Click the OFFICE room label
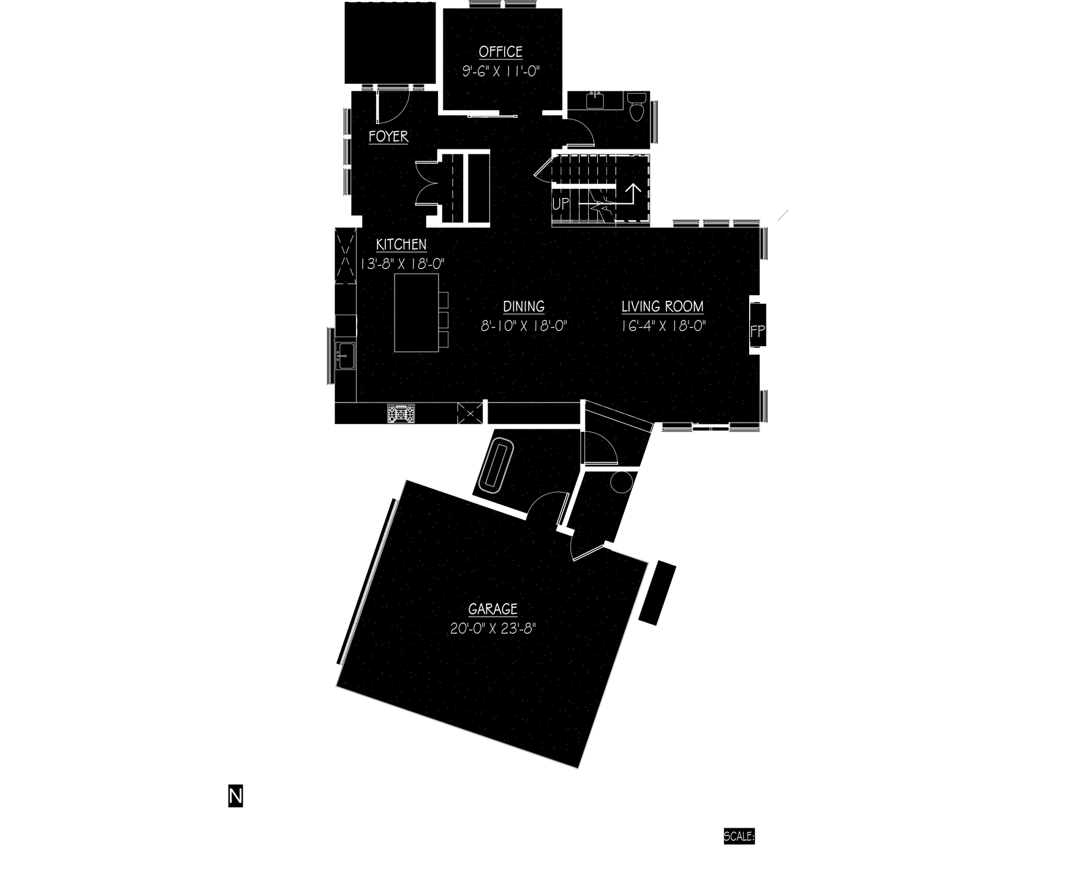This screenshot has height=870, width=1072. coord(500,52)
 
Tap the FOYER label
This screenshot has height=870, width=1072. coord(388,136)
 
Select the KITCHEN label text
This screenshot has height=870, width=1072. coord(401,244)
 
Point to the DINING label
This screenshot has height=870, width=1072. coord(524,306)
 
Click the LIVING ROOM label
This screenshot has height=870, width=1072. coord(662,306)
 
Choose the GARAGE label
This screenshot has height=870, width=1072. coord(493,609)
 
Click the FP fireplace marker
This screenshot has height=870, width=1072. coord(758,331)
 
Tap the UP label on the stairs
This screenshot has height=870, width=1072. coord(561,204)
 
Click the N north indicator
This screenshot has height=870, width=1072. coord(236,796)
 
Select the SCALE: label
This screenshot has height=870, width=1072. coord(739,836)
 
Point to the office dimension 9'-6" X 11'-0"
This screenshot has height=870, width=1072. coord(500,72)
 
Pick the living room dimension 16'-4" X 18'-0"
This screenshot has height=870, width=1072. coord(663,326)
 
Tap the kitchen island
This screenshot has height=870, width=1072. coord(417,313)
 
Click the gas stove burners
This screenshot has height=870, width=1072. coord(401,413)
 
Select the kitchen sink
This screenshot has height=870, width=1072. coord(345,356)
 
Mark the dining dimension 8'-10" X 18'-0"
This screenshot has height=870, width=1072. coord(524,326)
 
